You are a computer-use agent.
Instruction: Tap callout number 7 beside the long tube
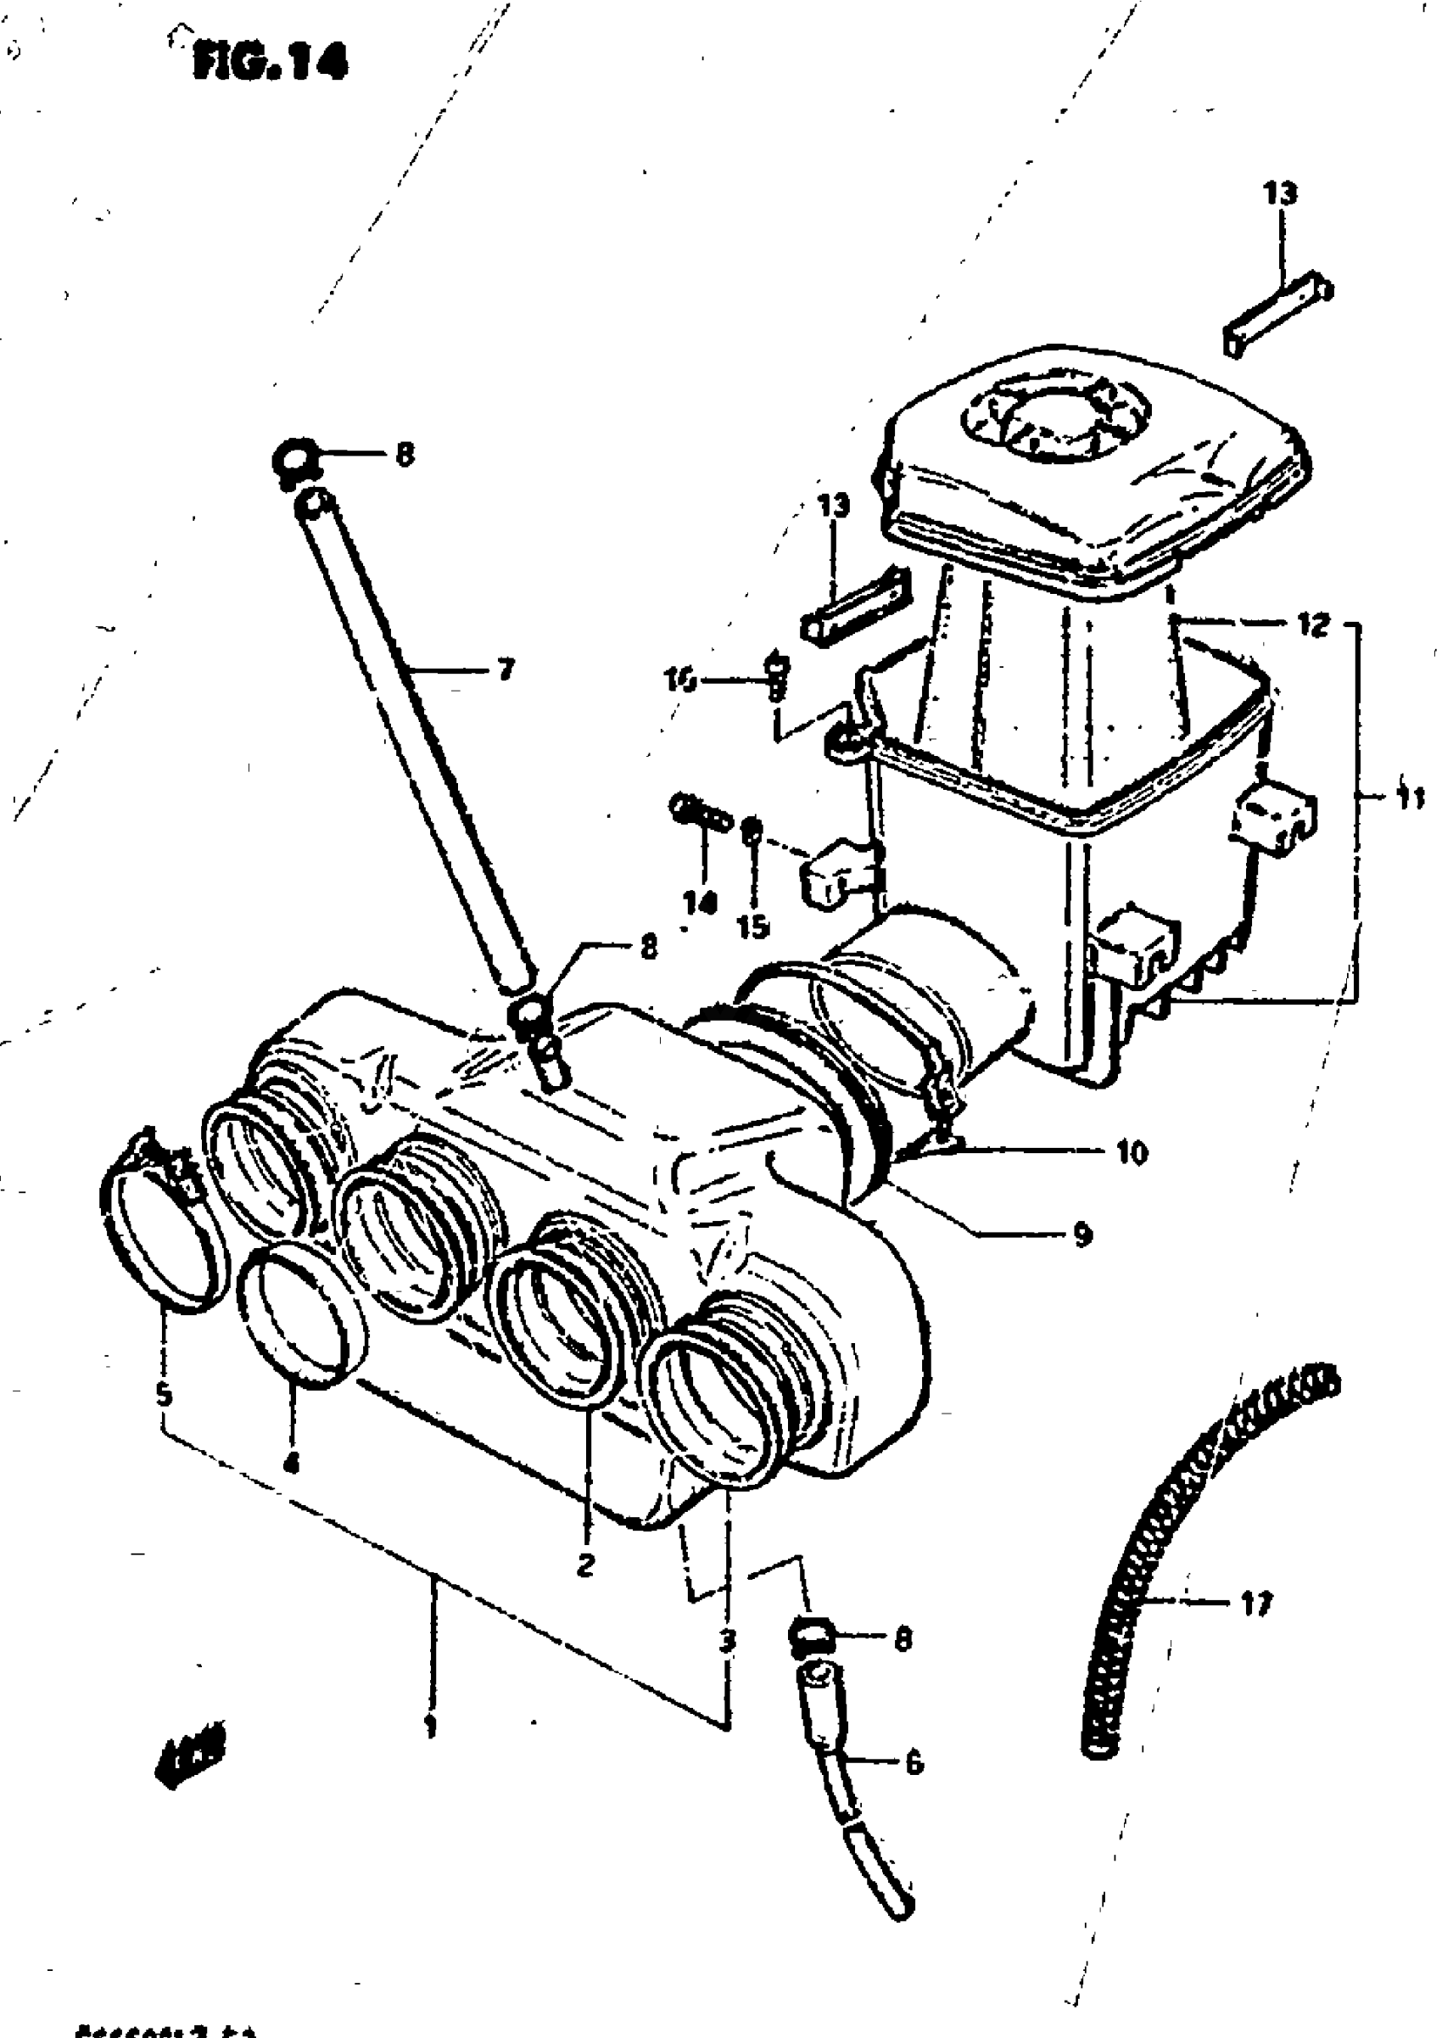click(506, 669)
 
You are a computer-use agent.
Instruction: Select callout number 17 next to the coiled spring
click(1255, 1603)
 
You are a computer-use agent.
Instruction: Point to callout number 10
click(1131, 1154)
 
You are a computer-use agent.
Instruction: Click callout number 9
click(1081, 1235)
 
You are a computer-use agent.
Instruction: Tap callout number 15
click(752, 927)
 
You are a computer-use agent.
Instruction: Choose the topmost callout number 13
click(1279, 193)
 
